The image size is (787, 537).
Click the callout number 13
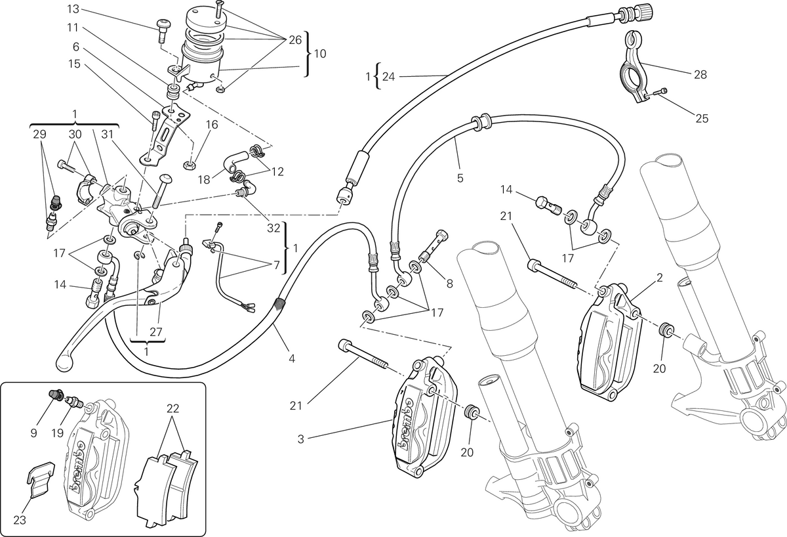(73, 9)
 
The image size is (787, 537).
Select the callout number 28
(700, 75)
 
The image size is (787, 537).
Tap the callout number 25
(702, 119)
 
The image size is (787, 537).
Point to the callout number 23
(20, 520)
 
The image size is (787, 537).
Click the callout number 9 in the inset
(33, 433)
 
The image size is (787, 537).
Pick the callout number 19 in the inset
(57, 433)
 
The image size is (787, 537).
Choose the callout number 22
(172, 408)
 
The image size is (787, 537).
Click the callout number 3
(300, 439)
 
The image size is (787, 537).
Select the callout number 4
(292, 358)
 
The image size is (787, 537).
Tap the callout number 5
(460, 178)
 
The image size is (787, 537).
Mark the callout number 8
(450, 284)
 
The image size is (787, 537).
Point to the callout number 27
(155, 332)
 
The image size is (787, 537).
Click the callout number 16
(212, 125)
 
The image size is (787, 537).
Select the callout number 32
(273, 228)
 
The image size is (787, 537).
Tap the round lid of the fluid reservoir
(203, 18)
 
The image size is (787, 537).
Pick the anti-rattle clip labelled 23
(41, 479)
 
